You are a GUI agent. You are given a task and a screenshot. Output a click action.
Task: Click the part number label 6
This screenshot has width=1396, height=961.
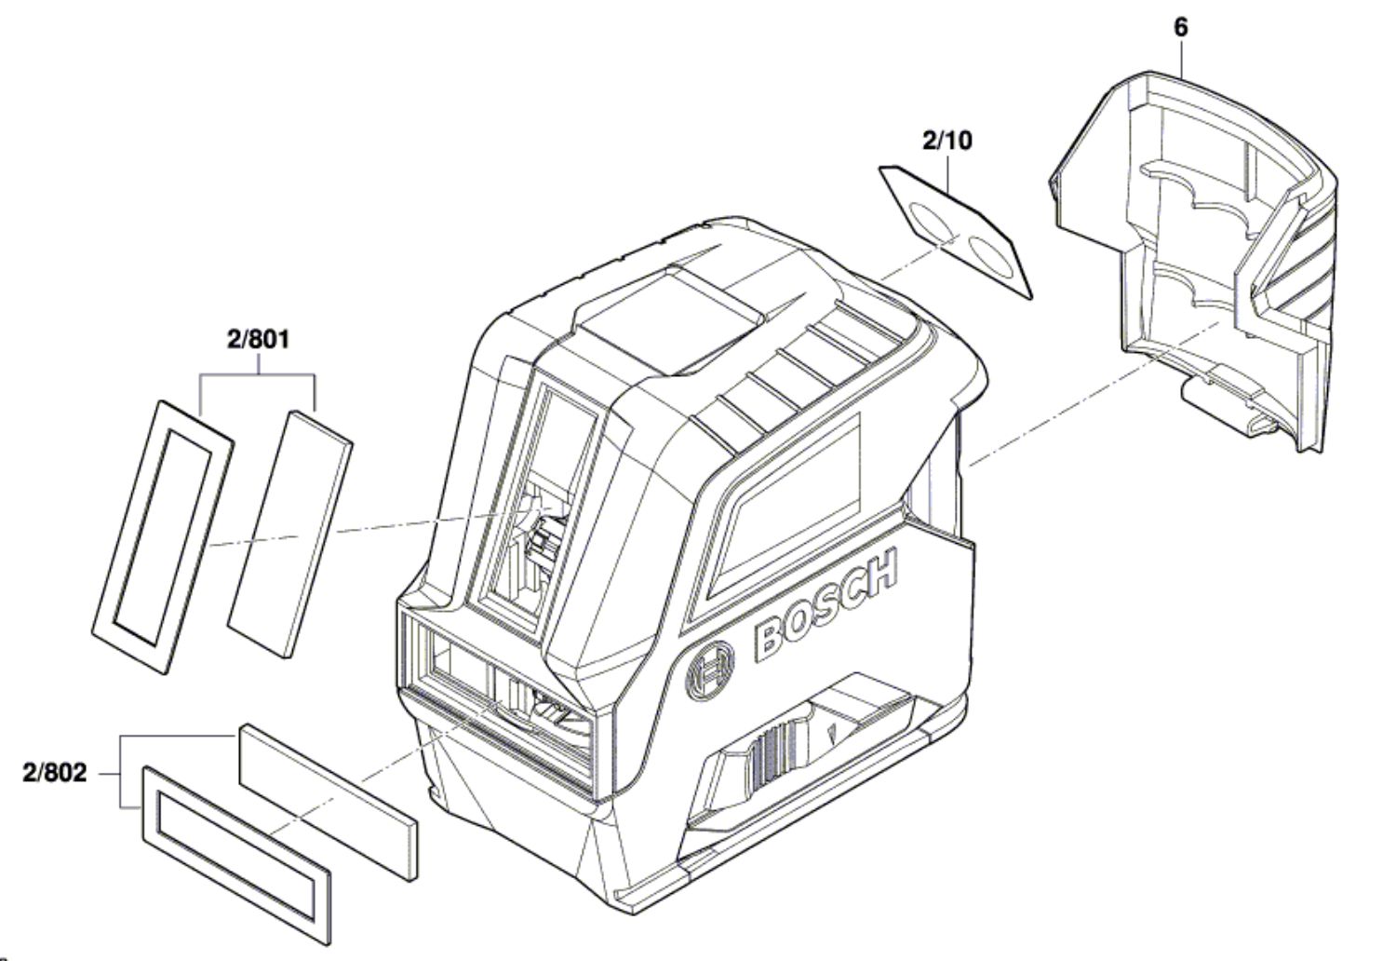1180,27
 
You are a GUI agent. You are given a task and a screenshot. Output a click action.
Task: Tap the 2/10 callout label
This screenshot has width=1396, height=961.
946,141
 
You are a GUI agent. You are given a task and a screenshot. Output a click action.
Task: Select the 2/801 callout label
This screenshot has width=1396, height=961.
259,339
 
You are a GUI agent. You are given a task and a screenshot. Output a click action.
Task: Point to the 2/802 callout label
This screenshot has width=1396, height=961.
55,773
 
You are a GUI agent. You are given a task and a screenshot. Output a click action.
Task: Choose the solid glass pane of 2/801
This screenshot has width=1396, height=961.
289,534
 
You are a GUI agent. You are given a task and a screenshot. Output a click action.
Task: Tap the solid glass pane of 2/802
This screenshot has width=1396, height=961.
329,803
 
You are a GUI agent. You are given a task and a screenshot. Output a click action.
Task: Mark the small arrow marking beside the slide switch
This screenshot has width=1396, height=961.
832,733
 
